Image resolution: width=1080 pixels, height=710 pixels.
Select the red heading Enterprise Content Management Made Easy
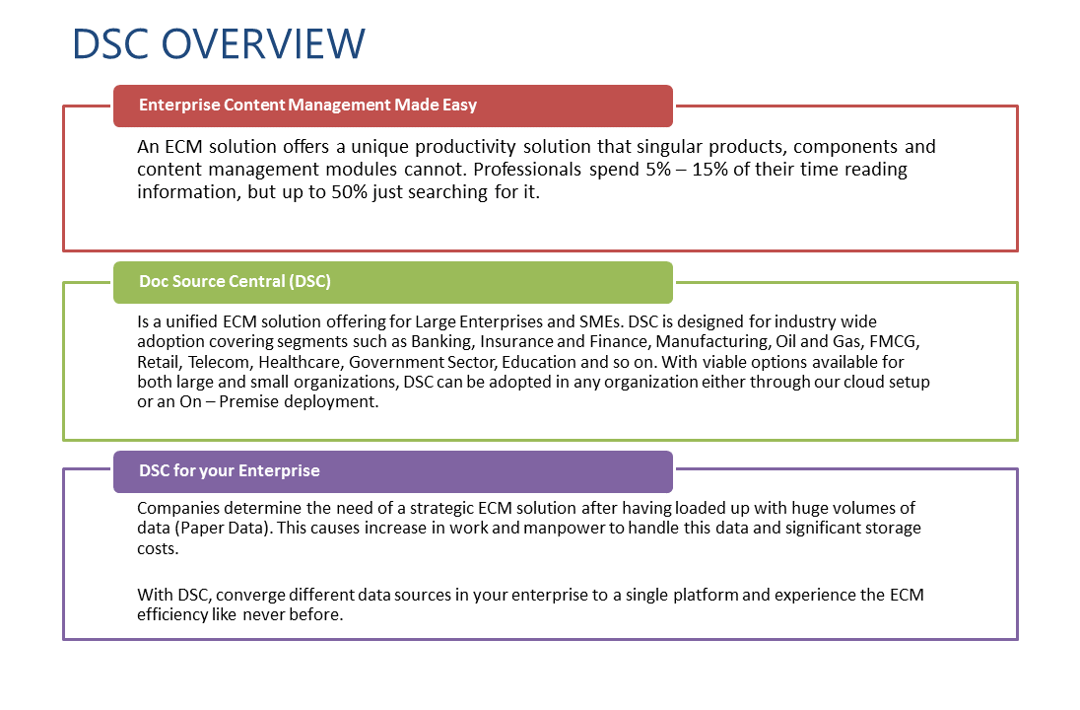tap(307, 105)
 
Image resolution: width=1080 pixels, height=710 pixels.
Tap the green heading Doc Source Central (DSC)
tap(235, 281)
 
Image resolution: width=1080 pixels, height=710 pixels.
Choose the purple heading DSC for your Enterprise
tap(230, 470)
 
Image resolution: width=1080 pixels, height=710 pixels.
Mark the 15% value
tap(710, 170)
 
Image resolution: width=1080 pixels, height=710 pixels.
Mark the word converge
tap(250, 595)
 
